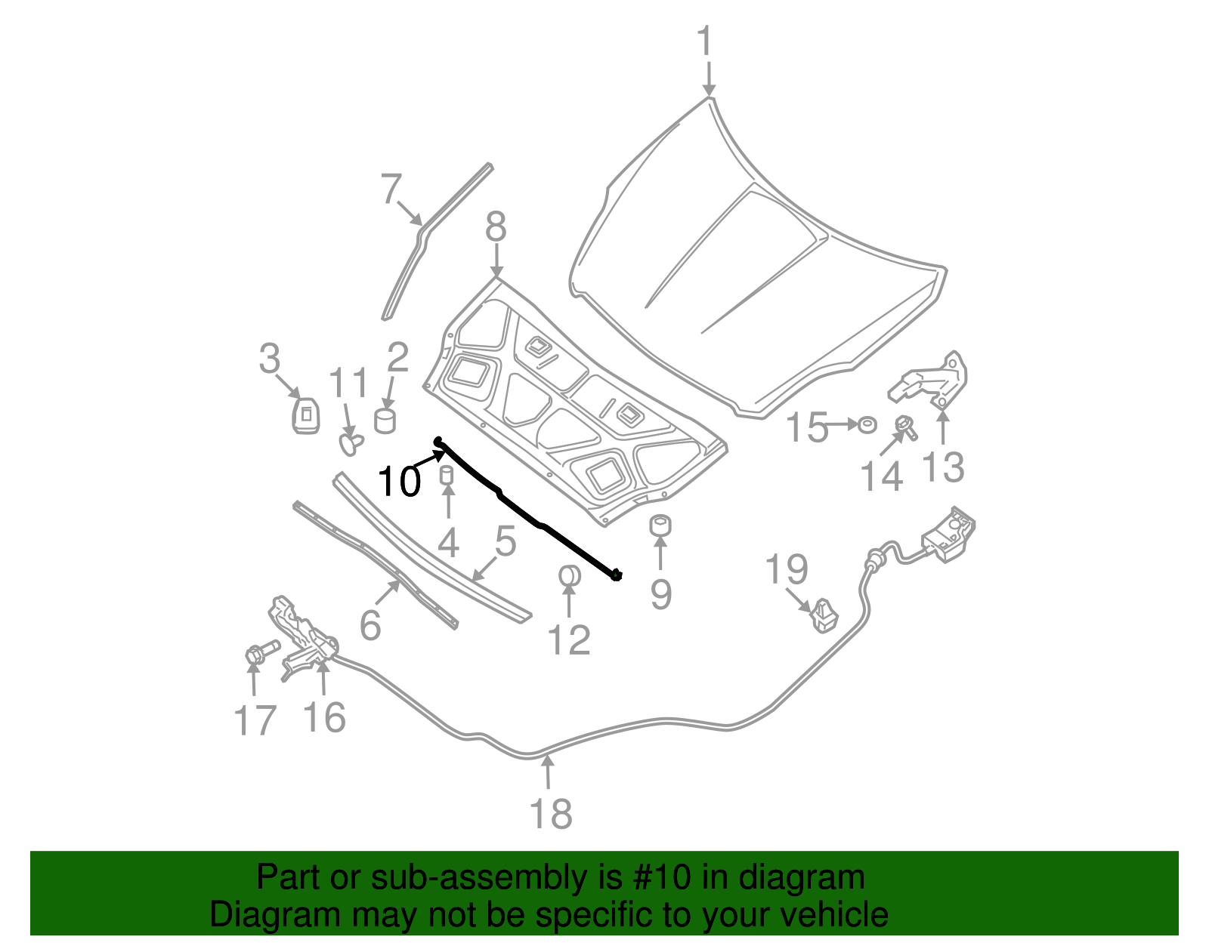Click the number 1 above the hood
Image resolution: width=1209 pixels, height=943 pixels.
click(x=704, y=42)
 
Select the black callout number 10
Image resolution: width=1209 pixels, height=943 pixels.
click(x=398, y=481)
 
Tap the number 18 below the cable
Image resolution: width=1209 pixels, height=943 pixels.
click(x=551, y=815)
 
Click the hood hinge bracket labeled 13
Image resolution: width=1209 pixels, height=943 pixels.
click(x=933, y=381)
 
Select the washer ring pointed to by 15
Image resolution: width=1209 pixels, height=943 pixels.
click(x=867, y=425)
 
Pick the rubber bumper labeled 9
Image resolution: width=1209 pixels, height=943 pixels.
click(x=661, y=525)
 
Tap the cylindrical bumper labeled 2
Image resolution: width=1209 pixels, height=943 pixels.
click(x=385, y=421)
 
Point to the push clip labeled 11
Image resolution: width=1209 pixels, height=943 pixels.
click(x=349, y=442)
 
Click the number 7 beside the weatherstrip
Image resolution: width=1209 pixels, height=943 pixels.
click(x=391, y=189)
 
